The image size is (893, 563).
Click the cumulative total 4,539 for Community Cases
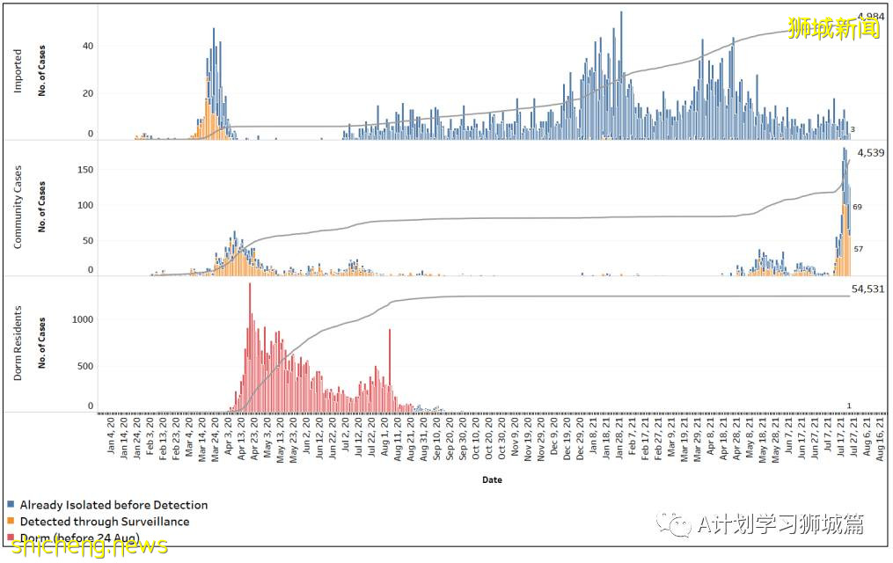click(x=870, y=153)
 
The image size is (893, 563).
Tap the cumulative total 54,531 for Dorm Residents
click(x=867, y=288)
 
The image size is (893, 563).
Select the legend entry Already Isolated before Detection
click(x=113, y=505)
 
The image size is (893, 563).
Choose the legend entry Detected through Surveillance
click(x=104, y=522)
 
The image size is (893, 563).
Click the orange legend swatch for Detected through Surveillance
click(x=11, y=522)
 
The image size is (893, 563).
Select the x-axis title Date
click(x=492, y=480)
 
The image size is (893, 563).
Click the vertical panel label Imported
click(x=18, y=70)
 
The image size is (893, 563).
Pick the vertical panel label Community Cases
click(x=18, y=206)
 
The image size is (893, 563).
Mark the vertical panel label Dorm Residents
click(x=18, y=344)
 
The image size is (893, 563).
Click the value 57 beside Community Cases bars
click(x=859, y=249)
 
